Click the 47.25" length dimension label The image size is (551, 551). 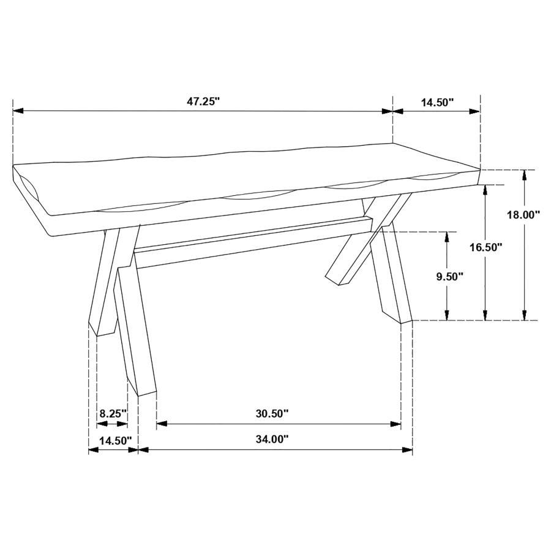point(203,102)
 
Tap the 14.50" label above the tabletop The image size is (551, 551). point(437,102)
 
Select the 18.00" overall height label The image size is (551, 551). point(523,215)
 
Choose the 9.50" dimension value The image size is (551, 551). point(449,276)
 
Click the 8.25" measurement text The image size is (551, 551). point(113,413)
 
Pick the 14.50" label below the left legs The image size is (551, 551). point(112,440)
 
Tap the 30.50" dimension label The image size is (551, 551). point(272,413)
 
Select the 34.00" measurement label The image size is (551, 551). point(272,439)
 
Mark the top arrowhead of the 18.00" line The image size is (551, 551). point(524,175)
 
